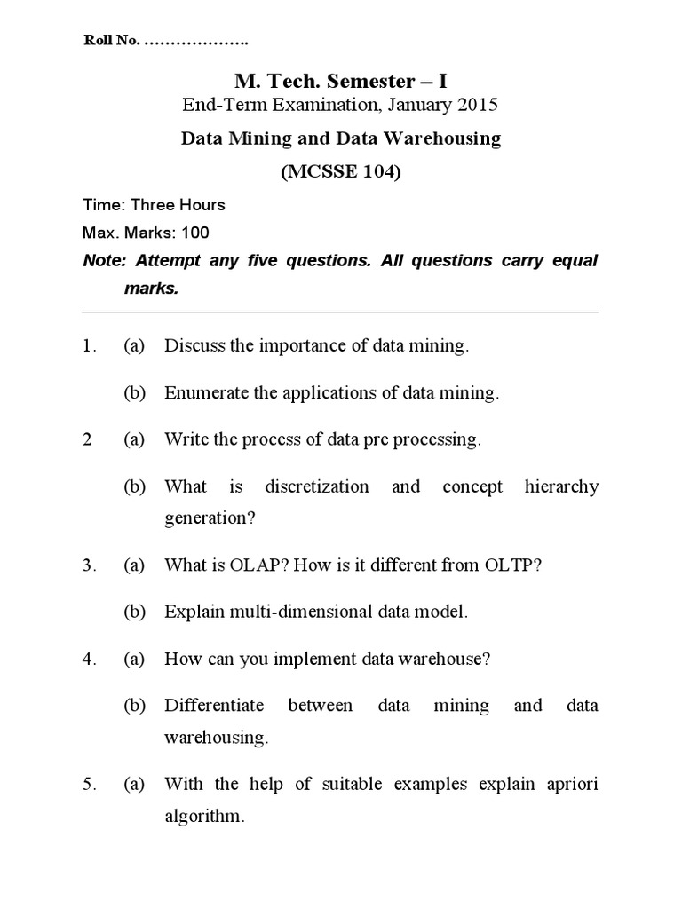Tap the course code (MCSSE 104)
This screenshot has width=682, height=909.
tap(341, 172)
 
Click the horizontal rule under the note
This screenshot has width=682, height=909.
tap(340, 312)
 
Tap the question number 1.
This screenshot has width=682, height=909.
tap(88, 346)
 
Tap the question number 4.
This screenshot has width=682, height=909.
tap(88, 659)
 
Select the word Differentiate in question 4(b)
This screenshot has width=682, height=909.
tap(214, 706)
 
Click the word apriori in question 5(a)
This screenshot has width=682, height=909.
tap(569, 784)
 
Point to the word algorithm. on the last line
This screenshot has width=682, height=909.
tap(204, 817)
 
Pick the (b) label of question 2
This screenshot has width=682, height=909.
tap(134, 486)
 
